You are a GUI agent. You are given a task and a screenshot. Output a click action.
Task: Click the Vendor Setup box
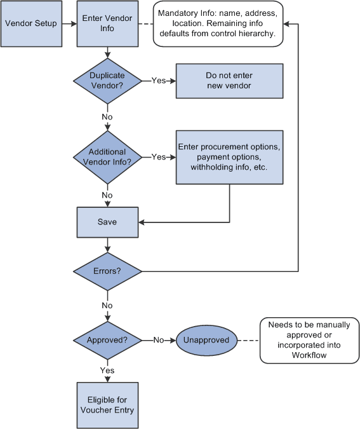tap(31, 24)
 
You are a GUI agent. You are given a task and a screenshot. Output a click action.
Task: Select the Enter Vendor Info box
tap(107, 24)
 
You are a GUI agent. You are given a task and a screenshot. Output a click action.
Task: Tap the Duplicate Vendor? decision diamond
tap(107, 80)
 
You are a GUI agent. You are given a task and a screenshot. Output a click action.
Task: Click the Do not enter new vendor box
tap(229, 80)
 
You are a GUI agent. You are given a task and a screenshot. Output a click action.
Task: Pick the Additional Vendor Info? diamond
tap(107, 156)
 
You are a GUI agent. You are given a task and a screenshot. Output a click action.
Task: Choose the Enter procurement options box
tap(229, 156)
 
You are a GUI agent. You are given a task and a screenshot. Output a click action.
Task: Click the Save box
tap(107, 222)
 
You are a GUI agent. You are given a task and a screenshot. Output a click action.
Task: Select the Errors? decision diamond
tap(107, 271)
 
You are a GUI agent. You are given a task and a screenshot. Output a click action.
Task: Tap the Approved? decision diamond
tap(107, 339)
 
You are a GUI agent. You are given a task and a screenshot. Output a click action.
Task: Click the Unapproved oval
tap(206, 339)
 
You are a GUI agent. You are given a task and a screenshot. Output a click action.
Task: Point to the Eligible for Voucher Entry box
tap(107, 405)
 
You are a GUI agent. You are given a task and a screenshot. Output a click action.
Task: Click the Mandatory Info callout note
tap(217, 24)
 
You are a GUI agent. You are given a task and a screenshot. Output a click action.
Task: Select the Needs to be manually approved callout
tap(309, 339)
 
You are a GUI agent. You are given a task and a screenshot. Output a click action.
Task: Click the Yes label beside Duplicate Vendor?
tap(159, 80)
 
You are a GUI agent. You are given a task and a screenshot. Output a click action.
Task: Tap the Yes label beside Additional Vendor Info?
tap(159, 156)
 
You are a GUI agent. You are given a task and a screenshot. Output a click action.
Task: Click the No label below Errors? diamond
tap(107, 305)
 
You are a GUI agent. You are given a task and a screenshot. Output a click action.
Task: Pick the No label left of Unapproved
tap(159, 339)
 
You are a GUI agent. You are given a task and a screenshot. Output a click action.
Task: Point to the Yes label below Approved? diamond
tap(107, 370)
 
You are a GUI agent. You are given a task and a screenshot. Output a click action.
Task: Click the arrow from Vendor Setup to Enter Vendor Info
tap(69, 24)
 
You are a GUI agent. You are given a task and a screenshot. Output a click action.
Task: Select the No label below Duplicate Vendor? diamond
tap(107, 117)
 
